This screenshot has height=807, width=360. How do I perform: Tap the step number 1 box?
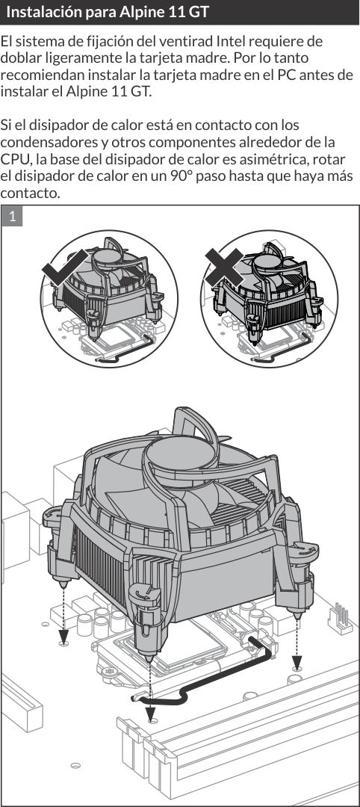tap(13, 216)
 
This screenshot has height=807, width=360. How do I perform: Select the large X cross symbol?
tap(224, 268)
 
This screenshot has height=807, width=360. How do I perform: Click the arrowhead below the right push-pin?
tap(297, 662)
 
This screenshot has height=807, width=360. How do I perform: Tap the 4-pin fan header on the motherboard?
tap(340, 617)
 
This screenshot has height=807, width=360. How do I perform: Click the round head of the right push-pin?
tap(302, 551)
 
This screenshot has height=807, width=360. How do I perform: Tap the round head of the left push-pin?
tap(57, 515)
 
